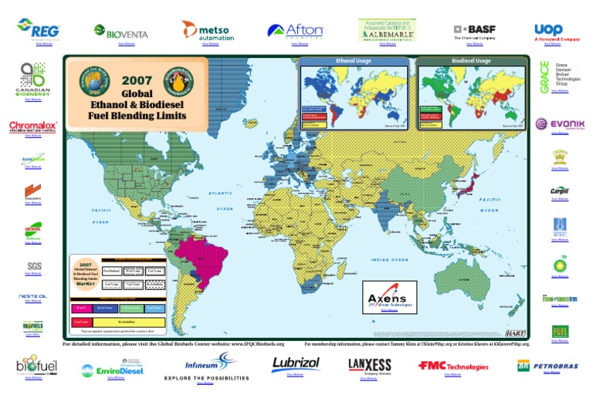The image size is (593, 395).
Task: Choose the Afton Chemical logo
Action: pos(295,31)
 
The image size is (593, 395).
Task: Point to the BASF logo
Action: pos(474,30)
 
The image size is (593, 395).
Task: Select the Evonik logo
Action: pos(561,124)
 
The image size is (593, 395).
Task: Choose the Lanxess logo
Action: pos(370,364)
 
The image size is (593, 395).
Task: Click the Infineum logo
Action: pos(207,361)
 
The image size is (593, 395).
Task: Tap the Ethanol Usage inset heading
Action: pos(354,59)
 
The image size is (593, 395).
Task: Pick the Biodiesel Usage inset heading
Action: pos(471,59)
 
